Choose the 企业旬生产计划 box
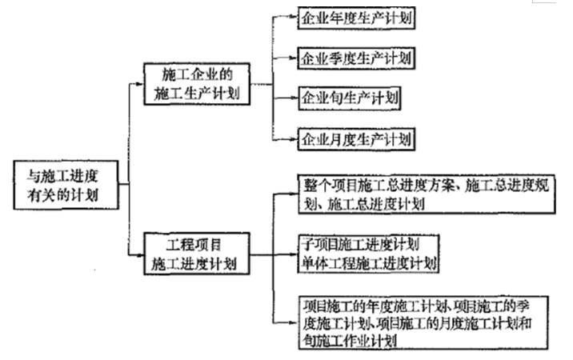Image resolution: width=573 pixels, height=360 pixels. pos(348,98)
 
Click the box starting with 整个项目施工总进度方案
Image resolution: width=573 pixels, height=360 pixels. pos(429,194)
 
